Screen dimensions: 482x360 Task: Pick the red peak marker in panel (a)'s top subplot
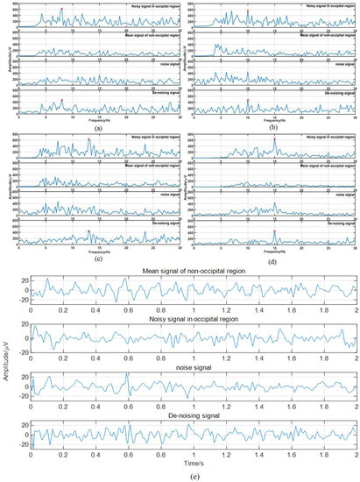click(61, 9)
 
